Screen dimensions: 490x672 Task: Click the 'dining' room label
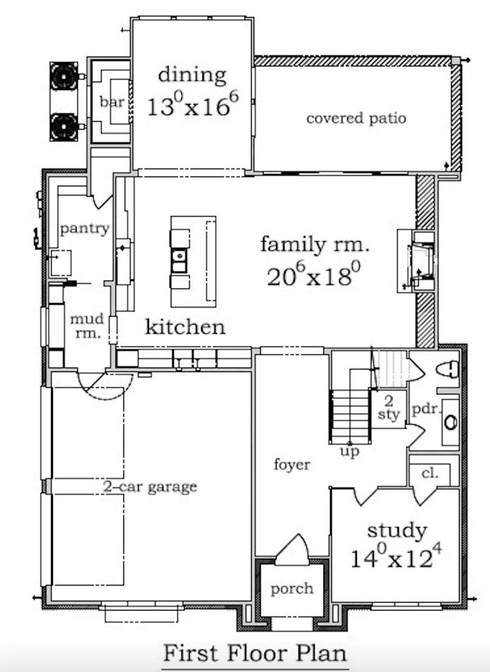click(x=192, y=76)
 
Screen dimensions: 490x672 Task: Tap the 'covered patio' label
click(x=356, y=118)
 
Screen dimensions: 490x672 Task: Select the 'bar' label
click(x=112, y=102)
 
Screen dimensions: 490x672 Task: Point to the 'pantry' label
click(x=85, y=228)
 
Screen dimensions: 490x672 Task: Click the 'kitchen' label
click(x=185, y=327)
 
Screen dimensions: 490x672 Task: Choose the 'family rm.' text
click(x=314, y=245)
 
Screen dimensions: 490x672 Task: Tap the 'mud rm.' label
click(x=88, y=326)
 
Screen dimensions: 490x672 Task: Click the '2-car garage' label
click(x=150, y=487)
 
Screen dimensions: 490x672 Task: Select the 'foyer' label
click(x=292, y=464)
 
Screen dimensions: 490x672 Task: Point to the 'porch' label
click(x=292, y=589)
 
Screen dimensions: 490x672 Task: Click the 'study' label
click(x=397, y=531)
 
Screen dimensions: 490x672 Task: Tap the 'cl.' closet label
click(x=430, y=473)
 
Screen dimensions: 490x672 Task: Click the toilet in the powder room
click(x=447, y=369)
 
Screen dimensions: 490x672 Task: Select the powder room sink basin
click(x=450, y=422)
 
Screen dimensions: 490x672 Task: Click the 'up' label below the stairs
click(x=350, y=451)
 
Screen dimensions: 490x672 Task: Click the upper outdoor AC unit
click(x=64, y=76)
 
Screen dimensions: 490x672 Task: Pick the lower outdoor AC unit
click(x=64, y=127)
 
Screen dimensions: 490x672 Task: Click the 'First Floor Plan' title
click(x=255, y=654)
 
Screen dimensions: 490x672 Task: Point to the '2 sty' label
click(x=388, y=408)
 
